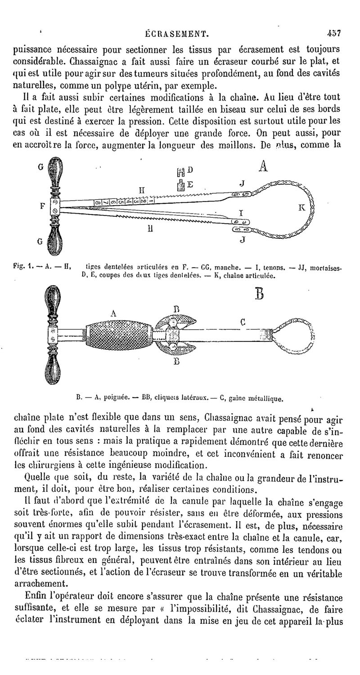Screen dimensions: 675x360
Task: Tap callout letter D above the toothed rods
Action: tap(190, 169)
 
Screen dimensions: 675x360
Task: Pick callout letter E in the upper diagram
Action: tap(190, 184)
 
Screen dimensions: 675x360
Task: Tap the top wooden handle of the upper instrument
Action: tap(54, 170)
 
